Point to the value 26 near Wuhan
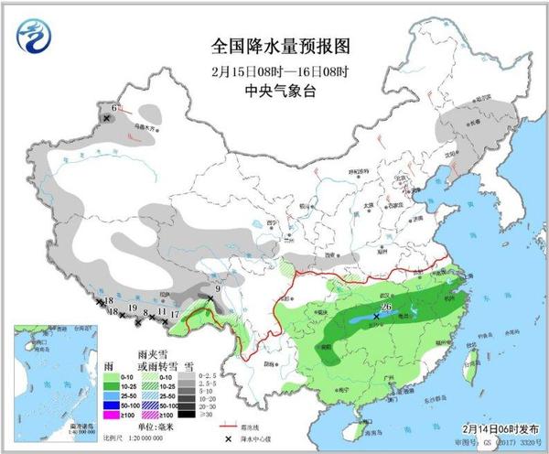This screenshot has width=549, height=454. (x=387, y=307)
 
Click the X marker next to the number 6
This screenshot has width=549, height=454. (x=107, y=119)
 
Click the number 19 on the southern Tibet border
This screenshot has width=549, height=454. (x=133, y=308)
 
